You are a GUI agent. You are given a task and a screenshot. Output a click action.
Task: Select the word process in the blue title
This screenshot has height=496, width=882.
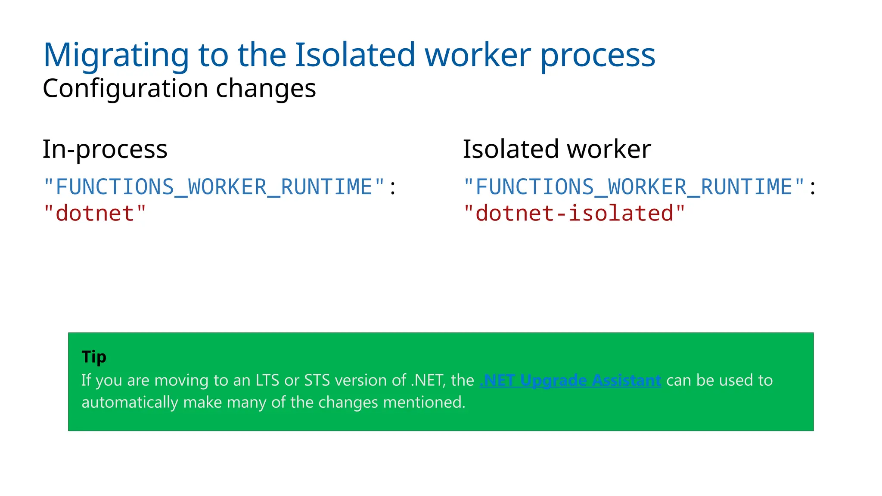tap(597, 56)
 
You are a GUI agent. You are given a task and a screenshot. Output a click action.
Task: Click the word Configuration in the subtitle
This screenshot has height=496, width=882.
tap(125, 89)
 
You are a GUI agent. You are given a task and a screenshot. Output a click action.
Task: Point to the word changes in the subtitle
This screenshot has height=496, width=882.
tap(266, 89)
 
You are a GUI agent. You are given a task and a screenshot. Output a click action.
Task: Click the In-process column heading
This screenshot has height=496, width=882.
tap(105, 150)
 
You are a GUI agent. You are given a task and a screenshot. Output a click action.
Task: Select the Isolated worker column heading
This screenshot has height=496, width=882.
tap(556, 149)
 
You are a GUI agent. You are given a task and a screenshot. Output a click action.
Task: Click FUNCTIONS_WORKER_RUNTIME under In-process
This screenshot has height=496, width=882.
tap(214, 187)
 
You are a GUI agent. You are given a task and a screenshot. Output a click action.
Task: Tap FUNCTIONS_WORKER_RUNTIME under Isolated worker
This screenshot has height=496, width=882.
tap(634, 187)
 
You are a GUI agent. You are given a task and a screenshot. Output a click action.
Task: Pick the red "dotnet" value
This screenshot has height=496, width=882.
tap(95, 214)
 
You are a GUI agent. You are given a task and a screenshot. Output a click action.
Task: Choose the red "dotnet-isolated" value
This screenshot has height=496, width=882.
tap(574, 214)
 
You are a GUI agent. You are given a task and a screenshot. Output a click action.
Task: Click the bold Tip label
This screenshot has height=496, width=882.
tap(94, 357)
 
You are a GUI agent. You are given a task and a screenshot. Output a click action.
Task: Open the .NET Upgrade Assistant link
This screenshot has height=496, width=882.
tap(570, 381)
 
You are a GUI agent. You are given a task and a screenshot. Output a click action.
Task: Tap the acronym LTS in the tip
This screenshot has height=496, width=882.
tap(267, 381)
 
